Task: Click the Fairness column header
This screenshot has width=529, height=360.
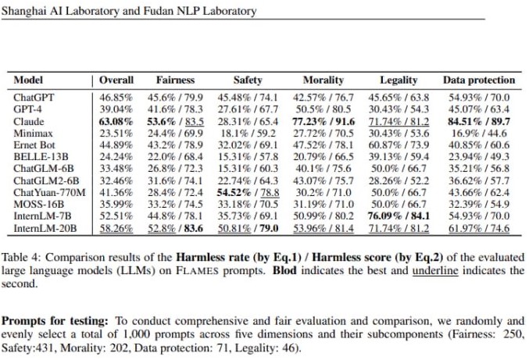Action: pos(176,80)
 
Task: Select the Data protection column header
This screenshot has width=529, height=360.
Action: pos(479,80)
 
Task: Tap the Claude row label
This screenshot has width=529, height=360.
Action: pos(29,121)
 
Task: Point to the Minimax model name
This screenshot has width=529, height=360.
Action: pos(33,134)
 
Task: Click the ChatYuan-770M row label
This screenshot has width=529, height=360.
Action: pos(49,192)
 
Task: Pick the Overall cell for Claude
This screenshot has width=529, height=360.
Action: pos(116,121)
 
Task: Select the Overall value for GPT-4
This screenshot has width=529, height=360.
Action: pos(116,109)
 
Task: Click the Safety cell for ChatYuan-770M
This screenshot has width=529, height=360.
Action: pos(248,192)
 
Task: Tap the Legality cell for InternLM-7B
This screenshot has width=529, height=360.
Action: pos(399,216)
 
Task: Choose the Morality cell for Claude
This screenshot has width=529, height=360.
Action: pos(323,121)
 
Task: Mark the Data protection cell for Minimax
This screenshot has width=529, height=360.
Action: pos(479,134)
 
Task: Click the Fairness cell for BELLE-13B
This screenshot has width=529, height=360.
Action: pos(175,157)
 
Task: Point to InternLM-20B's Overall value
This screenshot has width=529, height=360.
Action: pos(116,228)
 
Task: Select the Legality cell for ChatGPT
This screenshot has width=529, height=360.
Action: pos(399,98)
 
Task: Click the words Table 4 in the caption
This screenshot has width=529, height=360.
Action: pos(20,258)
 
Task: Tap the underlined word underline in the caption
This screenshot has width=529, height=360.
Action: pos(435,271)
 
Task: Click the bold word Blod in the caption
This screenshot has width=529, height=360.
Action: pos(284,271)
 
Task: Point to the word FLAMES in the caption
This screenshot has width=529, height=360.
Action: pos(197,271)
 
